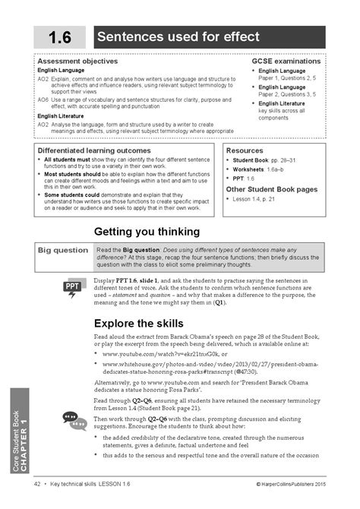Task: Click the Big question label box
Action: click(x=62, y=249)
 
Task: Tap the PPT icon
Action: click(x=73, y=288)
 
